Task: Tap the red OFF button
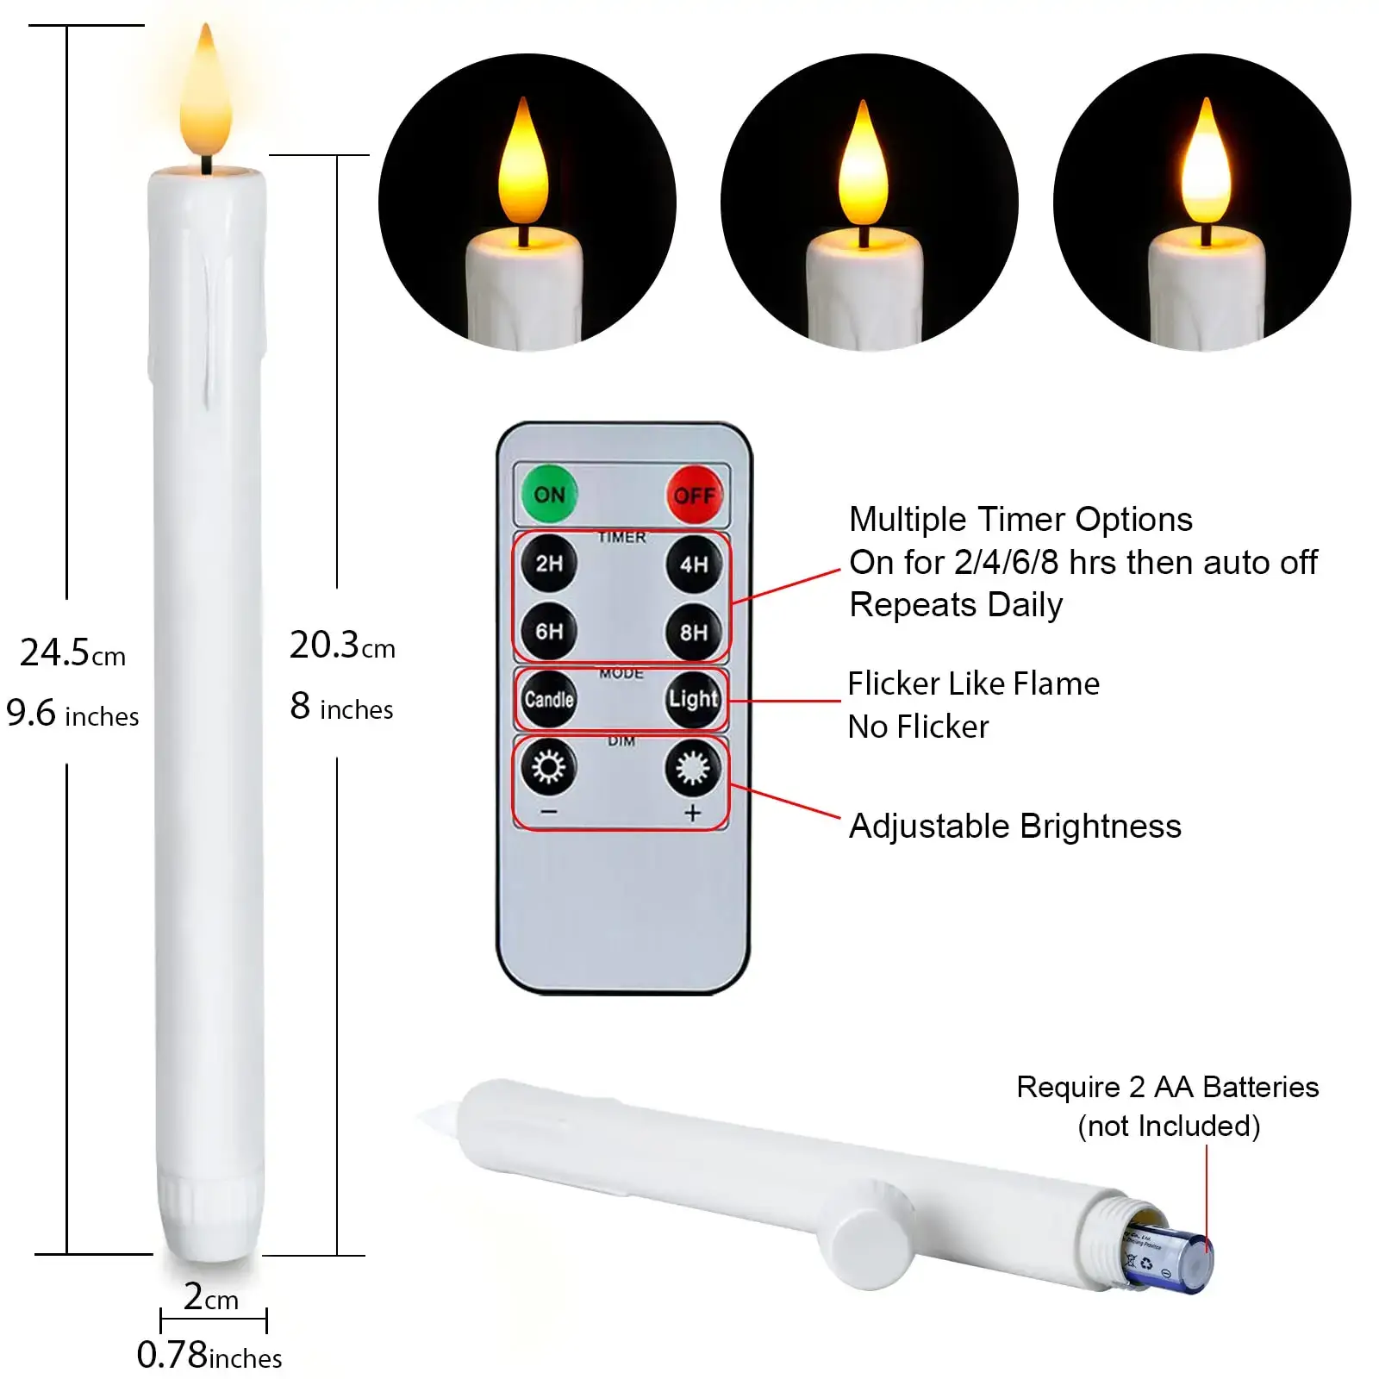[694, 495]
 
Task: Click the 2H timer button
[549, 564]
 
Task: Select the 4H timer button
[694, 565]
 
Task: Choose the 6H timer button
[549, 632]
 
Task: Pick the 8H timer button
[694, 633]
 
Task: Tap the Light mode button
[694, 699]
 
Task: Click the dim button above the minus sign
[548, 766]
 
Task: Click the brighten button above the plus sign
[693, 767]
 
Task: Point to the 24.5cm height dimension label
[72, 653]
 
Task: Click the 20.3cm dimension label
[342, 646]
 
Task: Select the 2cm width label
[211, 1297]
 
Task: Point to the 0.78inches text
[209, 1356]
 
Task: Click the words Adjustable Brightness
[1015, 826]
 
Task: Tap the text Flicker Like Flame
[974, 683]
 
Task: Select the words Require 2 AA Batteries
[1168, 1087]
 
